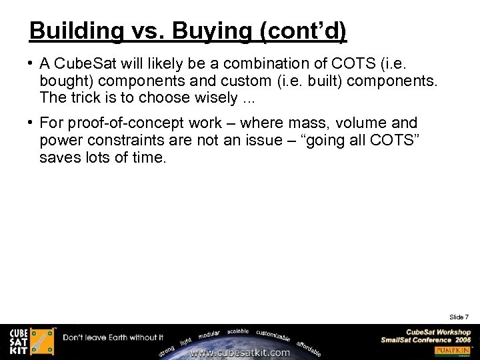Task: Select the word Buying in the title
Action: (196, 31)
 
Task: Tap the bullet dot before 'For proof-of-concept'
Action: (31, 123)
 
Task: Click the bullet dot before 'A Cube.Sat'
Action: (31, 63)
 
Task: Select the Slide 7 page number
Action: (459, 317)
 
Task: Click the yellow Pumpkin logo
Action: (453, 350)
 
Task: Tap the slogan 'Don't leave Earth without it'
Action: (113, 337)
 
